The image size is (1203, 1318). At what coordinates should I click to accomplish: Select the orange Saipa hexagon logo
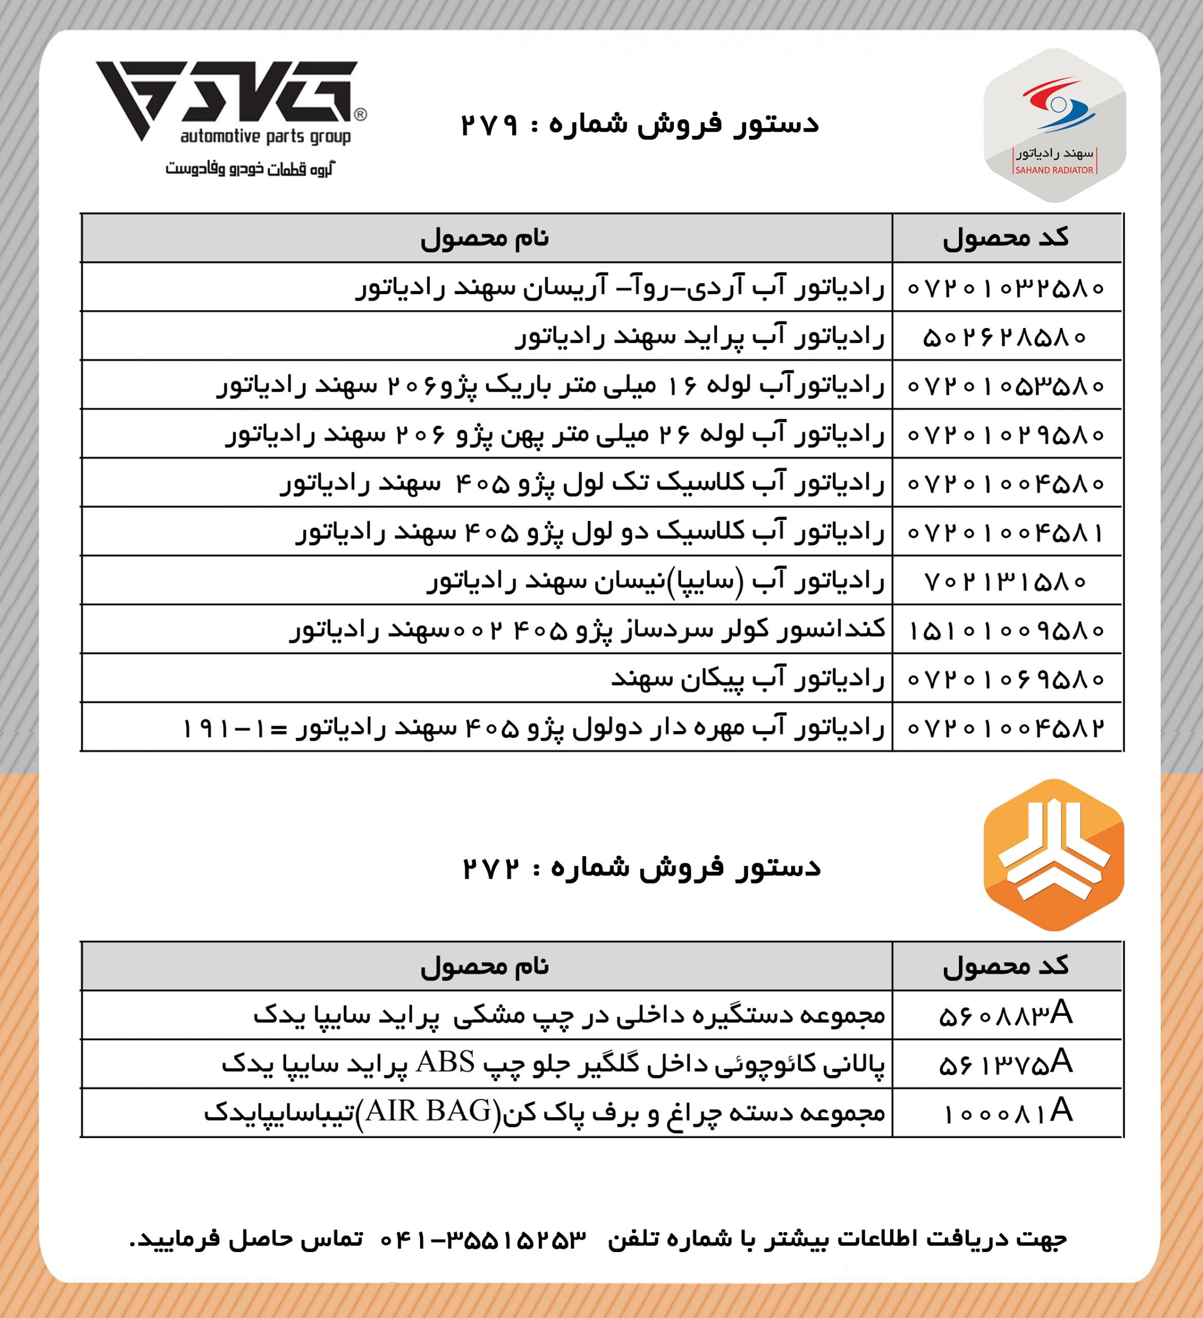click(x=1053, y=855)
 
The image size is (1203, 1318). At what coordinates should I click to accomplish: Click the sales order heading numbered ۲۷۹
click(x=639, y=124)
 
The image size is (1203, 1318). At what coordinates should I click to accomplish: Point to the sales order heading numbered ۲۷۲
click(x=641, y=868)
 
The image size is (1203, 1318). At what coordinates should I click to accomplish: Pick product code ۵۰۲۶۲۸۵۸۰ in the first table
click(x=1005, y=337)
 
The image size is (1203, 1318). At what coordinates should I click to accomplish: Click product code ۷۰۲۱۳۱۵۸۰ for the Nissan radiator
click(x=1005, y=581)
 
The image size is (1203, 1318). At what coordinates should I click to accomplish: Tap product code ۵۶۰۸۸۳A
click(x=1005, y=1015)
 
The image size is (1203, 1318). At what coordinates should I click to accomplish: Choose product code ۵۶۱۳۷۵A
click(x=1005, y=1064)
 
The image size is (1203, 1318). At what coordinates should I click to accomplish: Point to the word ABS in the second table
click(x=445, y=1062)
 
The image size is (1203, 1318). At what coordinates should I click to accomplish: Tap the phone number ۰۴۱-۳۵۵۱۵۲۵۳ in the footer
click(x=483, y=1238)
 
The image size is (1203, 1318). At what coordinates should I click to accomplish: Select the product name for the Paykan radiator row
click(x=747, y=679)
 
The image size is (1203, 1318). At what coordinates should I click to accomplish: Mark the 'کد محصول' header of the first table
click(x=1005, y=238)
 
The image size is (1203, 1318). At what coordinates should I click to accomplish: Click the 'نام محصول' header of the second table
click(x=484, y=966)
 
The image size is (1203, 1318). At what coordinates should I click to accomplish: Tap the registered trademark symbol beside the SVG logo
click(x=360, y=115)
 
